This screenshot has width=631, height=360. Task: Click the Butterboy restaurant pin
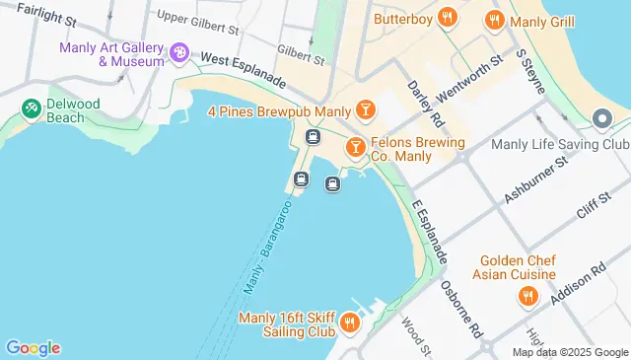click(x=448, y=18)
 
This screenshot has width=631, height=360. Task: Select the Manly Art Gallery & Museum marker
click(x=178, y=52)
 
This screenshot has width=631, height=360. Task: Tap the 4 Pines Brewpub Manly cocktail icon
click(x=365, y=108)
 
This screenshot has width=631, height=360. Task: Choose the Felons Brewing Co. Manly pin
click(x=355, y=147)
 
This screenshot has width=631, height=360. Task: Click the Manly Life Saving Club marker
click(x=601, y=120)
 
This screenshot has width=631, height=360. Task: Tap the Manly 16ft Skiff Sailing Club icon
click(x=348, y=322)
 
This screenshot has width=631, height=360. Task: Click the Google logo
click(x=33, y=347)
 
